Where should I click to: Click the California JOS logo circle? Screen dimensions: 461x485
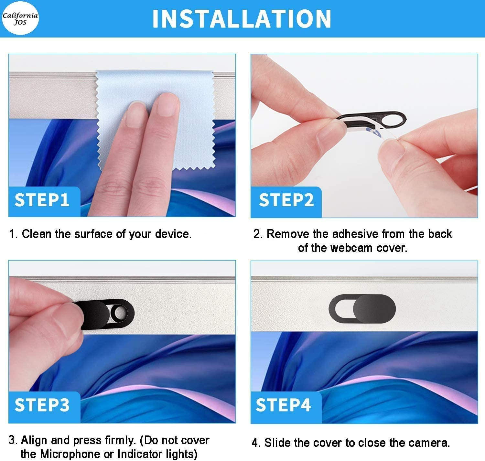click(20, 18)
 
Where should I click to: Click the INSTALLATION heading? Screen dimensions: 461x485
click(242, 19)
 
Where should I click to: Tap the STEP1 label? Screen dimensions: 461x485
click(42, 200)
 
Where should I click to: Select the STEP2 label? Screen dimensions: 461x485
click(286, 200)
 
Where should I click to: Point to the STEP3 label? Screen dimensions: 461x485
click(42, 405)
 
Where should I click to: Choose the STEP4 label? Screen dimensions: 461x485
click(283, 405)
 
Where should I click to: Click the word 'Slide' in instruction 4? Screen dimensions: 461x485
click(277, 443)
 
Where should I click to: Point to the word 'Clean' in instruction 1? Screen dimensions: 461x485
click(37, 234)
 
